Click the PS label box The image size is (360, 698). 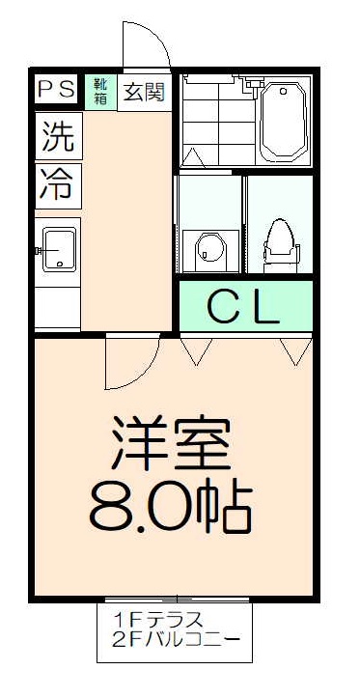tap(56, 90)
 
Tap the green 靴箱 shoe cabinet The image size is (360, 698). tap(100, 91)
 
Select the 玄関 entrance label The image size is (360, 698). tap(144, 92)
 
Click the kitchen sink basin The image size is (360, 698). tap(59, 250)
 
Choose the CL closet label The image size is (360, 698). tap(244, 306)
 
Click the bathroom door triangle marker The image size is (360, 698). tap(194, 157)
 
